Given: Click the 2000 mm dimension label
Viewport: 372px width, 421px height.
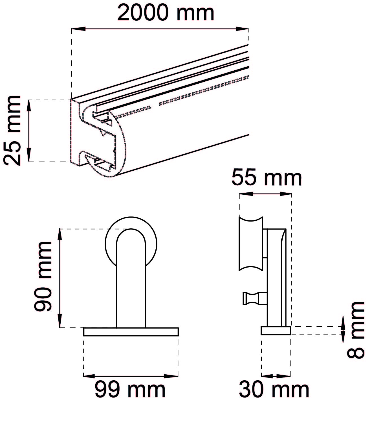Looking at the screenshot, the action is (x=165, y=13).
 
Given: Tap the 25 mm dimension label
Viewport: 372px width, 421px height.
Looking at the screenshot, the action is (x=12, y=131).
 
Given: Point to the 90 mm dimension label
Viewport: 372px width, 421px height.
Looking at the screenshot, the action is (x=43, y=277).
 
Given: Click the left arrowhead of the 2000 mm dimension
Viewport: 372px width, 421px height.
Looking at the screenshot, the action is (x=78, y=29).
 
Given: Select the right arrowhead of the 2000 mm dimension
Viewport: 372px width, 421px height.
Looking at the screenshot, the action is (x=242, y=29).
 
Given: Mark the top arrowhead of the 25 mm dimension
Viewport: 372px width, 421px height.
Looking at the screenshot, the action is (x=29, y=107).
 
